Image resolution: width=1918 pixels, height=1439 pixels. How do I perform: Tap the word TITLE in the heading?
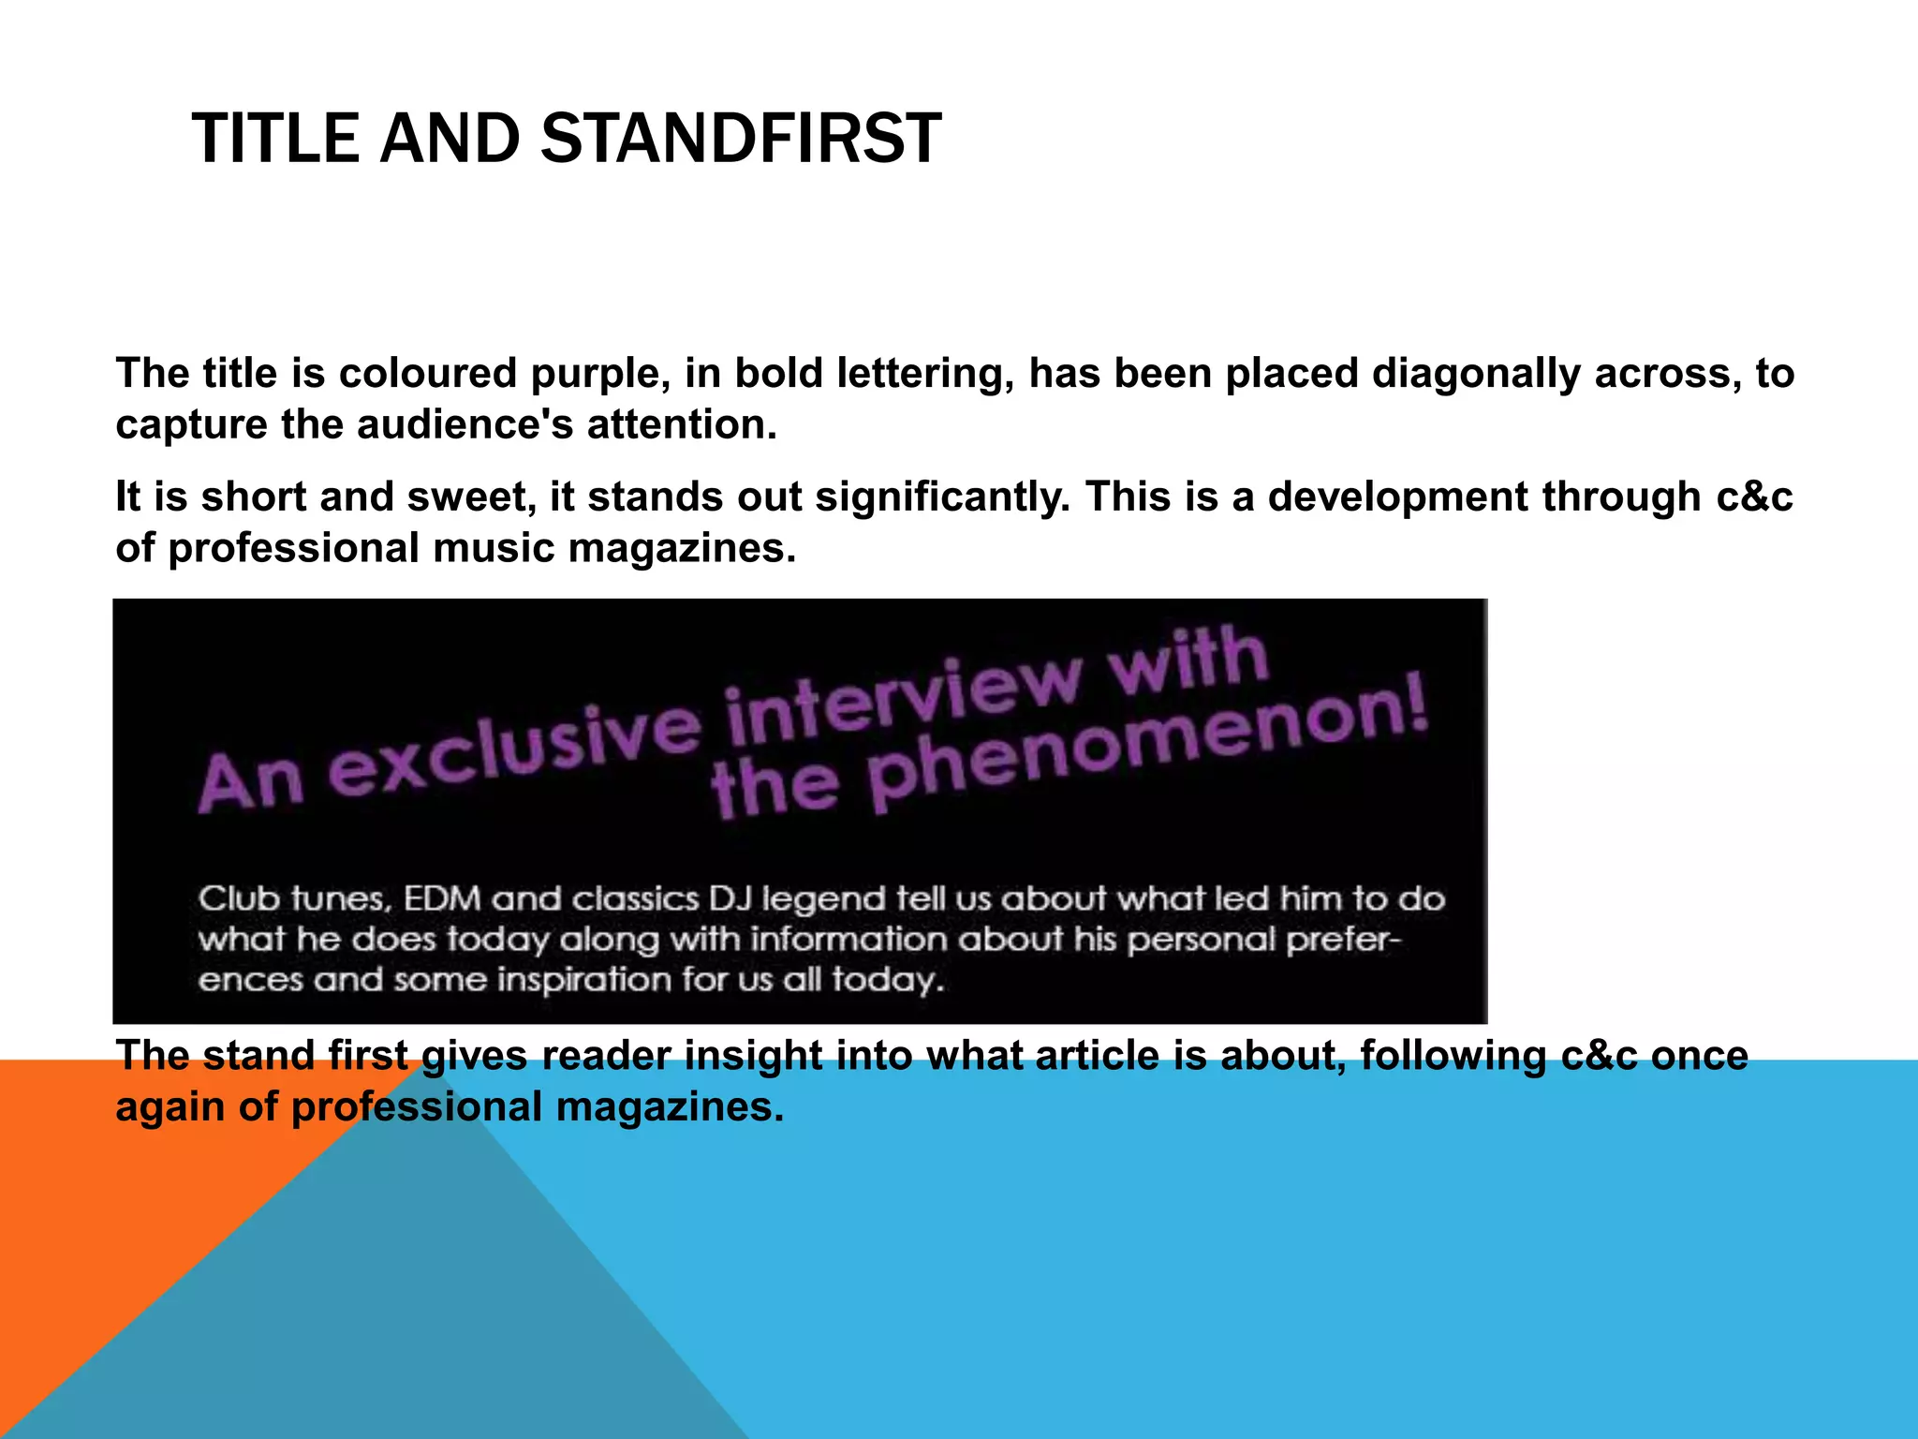point(275,139)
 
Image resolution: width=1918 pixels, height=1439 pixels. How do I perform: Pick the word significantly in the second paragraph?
point(941,497)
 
